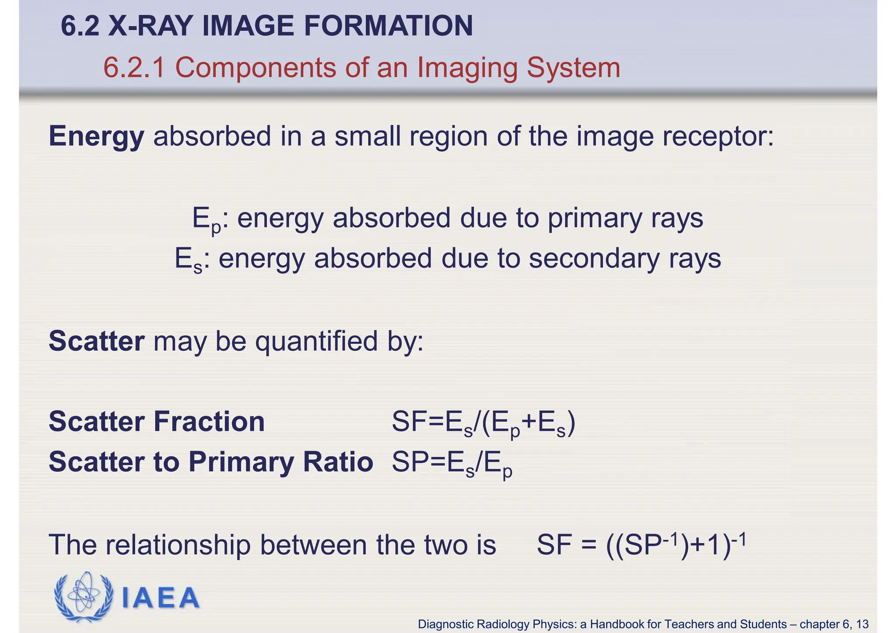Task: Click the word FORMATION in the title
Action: tap(388, 26)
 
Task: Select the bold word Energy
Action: tap(96, 136)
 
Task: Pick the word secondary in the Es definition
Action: tap(594, 259)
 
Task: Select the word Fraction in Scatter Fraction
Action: tap(209, 422)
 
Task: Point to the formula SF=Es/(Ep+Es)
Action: tap(483, 423)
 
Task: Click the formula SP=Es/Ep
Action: tap(452, 464)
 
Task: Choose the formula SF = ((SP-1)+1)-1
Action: tap(641, 545)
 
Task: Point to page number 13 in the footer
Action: tap(862, 624)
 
